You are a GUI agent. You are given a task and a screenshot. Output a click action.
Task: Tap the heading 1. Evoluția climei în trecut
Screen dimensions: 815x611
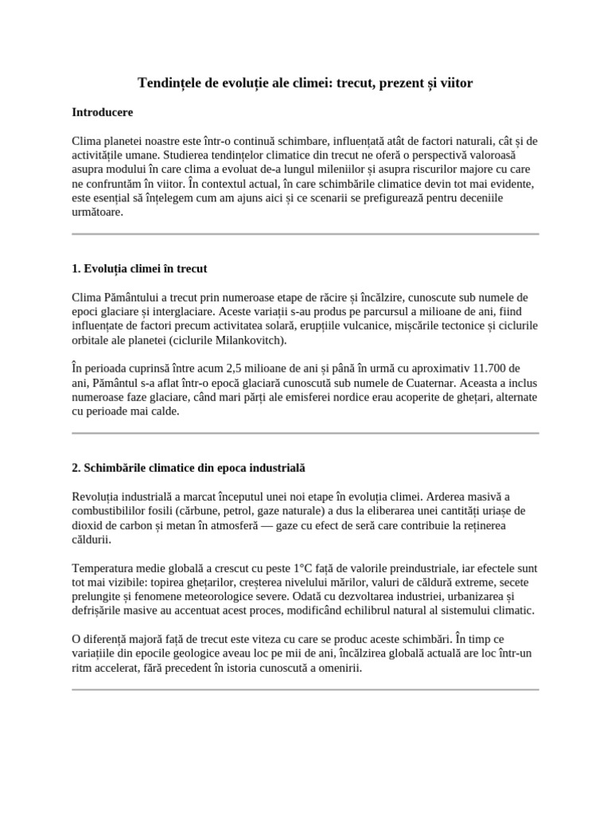pos(139,268)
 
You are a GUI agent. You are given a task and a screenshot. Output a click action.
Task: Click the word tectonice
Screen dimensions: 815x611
pos(453,326)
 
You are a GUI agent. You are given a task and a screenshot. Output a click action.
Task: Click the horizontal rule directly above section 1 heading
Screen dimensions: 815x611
pos(305,234)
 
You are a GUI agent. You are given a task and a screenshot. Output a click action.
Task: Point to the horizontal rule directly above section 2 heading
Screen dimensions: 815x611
pos(305,434)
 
